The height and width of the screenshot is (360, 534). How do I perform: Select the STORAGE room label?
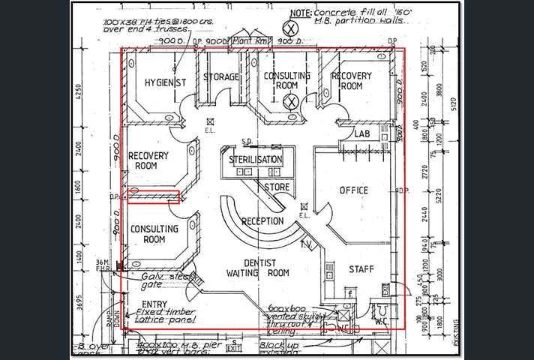pyautogui.click(x=221, y=77)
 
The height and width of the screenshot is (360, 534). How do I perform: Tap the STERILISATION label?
pyautogui.click(x=256, y=160)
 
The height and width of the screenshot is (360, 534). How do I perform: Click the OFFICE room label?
pyautogui.click(x=354, y=190)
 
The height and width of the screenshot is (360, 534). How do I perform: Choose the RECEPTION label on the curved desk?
pyautogui.click(x=262, y=221)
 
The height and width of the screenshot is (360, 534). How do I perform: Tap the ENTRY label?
pyautogui.click(x=154, y=304)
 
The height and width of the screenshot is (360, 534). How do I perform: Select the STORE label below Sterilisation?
pyautogui.click(x=277, y=187)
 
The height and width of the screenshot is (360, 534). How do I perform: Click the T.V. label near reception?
pyautogui.click(x=306, y=244)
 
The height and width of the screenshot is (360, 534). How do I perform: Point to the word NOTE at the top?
pyautogui.click(x=300, y=13)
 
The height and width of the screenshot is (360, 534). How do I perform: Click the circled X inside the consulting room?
pyautogui.click(x=292, y=102)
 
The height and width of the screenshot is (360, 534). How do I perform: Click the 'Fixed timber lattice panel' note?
pyautogui.click(x=166, y=316)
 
